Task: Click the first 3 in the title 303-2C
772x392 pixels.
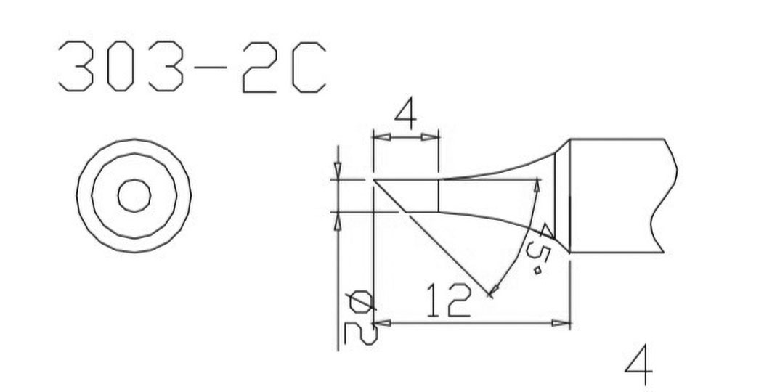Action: (76, 66)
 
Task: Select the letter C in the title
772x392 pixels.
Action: (309, 66)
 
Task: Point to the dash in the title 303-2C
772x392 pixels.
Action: (211, 66)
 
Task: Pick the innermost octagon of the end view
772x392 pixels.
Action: (134, 196)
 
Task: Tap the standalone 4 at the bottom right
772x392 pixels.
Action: (638, 366)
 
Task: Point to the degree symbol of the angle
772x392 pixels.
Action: (537, 271)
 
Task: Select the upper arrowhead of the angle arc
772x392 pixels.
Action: (536, 185)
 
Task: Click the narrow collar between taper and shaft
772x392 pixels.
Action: (562, 196)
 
